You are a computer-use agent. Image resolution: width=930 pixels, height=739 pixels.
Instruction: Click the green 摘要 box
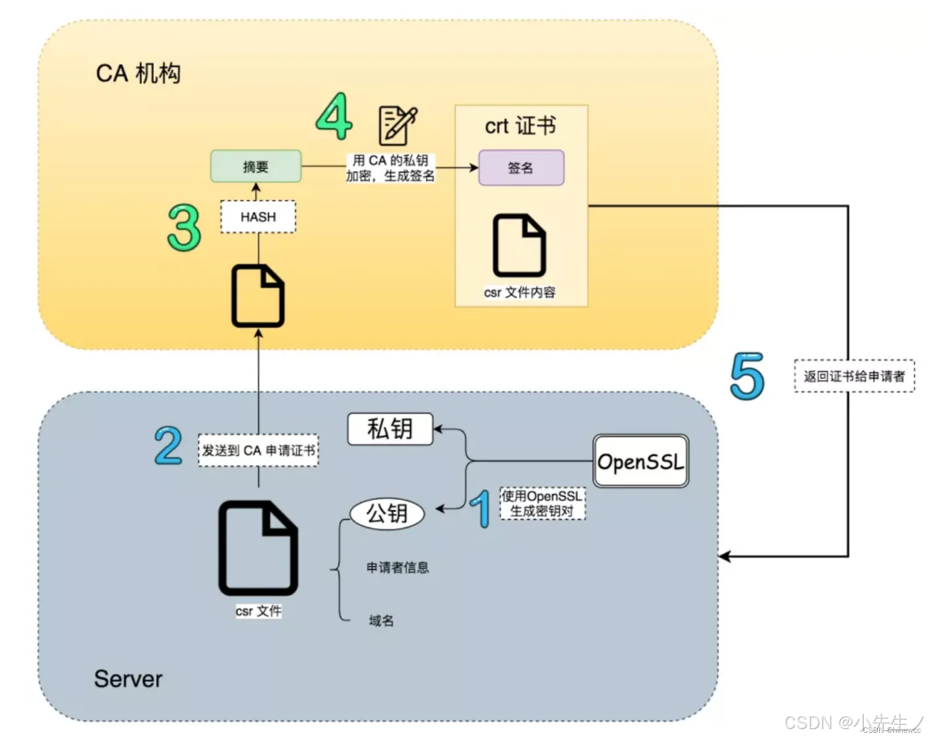tap(255, 166)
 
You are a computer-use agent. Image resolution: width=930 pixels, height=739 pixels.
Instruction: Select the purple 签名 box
tap(521, 167)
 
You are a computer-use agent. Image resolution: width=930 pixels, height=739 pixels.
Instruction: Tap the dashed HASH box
tap(258, 217)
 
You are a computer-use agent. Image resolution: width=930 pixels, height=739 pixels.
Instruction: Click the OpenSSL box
tap(640, 461)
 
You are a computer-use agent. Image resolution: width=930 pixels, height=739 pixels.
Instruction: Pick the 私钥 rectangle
tap(389, 429)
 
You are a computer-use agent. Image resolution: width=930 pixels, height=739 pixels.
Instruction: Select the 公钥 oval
tap(387, 513)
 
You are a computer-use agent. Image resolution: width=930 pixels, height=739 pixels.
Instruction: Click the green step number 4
tap(334, 117)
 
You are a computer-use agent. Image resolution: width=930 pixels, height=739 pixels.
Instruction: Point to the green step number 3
tap(184, 228)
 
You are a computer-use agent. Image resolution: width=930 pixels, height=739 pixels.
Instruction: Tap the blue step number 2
tap(168, 446)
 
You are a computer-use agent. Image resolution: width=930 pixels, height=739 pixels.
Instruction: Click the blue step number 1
tap(480, 508)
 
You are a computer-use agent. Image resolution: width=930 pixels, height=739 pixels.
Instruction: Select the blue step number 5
tap(747, 376)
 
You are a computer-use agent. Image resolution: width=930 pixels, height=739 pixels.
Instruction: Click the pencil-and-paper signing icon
tap(397, 125)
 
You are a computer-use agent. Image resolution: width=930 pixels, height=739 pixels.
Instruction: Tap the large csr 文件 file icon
tap(258, 549)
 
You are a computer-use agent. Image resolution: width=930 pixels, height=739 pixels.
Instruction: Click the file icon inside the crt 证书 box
tap(520, 246)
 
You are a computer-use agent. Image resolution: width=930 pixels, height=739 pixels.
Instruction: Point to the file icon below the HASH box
tap(258, 296)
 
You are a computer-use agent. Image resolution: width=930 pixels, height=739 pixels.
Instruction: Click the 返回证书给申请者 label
tap(854, 376)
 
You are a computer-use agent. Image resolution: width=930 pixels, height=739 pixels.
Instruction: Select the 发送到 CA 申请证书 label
tap(258, 451)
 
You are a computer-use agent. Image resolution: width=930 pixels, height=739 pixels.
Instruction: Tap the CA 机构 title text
tap(138, 74)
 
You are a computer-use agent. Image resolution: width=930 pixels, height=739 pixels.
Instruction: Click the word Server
tap(128, 679)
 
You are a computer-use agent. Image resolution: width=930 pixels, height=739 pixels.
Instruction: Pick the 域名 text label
tap(381, 621)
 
